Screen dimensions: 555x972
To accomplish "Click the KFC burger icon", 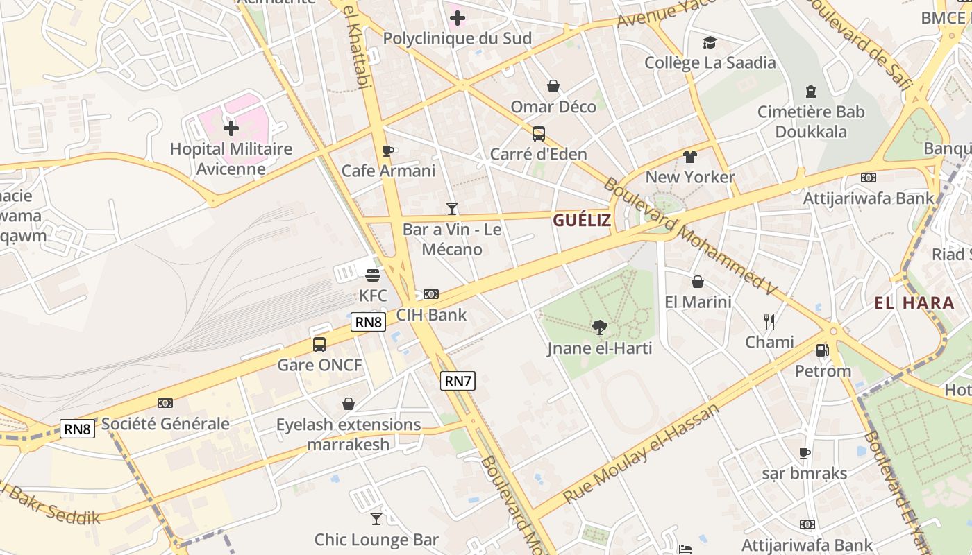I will pos(373,275).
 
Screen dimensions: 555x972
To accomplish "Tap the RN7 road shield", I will pos(458,380).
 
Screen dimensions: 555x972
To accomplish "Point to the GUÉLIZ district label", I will pos(582,221).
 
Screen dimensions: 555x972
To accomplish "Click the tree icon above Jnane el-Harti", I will pos(599,327).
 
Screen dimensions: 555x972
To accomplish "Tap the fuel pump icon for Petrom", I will pos(823,350).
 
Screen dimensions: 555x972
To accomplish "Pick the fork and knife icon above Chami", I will pos(769,321).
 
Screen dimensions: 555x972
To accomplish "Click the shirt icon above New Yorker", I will pos(689,157).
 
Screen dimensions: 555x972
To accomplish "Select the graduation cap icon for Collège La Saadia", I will pos(710,43).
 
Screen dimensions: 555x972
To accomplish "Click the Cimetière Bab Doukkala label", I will pos(811,121).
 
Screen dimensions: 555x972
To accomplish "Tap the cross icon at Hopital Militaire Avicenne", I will pos(231,128).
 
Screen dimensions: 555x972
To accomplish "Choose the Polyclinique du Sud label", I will pos(457,39).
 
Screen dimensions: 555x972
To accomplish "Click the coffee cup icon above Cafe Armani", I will pos(388,151).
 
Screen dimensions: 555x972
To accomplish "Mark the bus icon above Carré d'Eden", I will pos(538,133).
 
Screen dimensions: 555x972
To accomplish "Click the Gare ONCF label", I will pos(319,365).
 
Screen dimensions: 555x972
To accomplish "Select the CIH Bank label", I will pos(431,315).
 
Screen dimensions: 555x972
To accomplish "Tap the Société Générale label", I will pos(165,424).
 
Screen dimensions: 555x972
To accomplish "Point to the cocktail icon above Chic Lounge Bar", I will pos(376,519).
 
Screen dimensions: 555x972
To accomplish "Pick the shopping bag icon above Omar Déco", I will pos(553,86).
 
